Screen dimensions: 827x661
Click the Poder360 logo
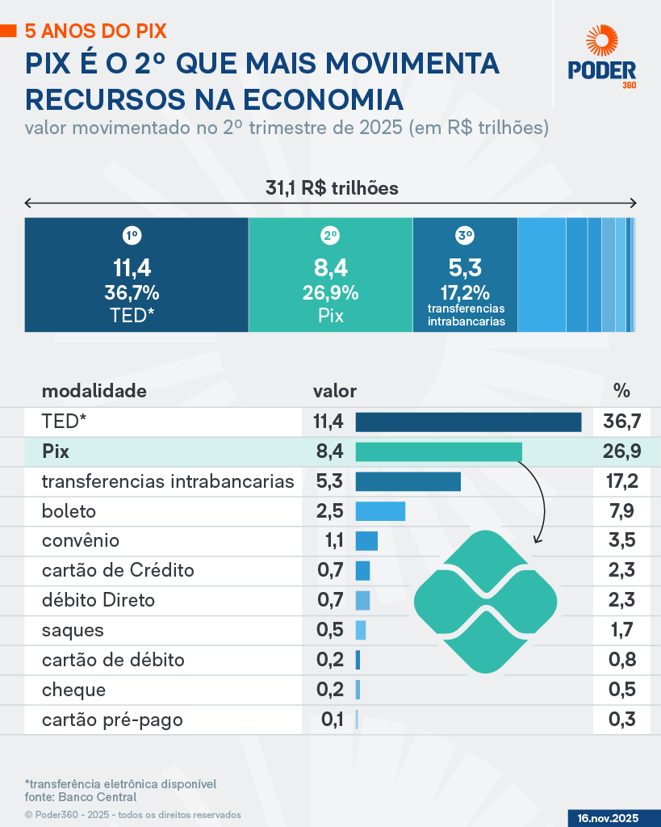(x=602, y=57)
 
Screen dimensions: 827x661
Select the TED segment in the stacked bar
(x=136, y=275)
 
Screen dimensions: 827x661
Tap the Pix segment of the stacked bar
(x=330, y=275)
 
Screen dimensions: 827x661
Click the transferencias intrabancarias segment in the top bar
(x=465, y=275)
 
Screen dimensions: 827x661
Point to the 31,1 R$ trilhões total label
(x=333, y=188)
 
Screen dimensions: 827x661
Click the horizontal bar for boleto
(x=380, y=511)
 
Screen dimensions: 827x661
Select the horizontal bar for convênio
(x=366, y=541)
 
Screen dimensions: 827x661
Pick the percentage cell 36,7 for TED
(x=621, y=422)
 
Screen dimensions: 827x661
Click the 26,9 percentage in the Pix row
(x=621, y=451)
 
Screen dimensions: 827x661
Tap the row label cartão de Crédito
(x=118, y=571)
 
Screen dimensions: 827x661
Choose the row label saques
(x=73, y=631)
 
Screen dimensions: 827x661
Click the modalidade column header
(x=94, y=392)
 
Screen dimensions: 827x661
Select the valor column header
(x=335, y=392)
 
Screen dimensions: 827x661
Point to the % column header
(x=621, y=392)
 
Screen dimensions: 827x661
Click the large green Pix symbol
(x=486, y=602)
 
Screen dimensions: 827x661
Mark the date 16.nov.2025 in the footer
(x=608, y=818)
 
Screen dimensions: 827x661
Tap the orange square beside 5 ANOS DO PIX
(x=9, y=31)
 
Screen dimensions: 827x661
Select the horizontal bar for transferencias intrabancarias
(x=408, y=481)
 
